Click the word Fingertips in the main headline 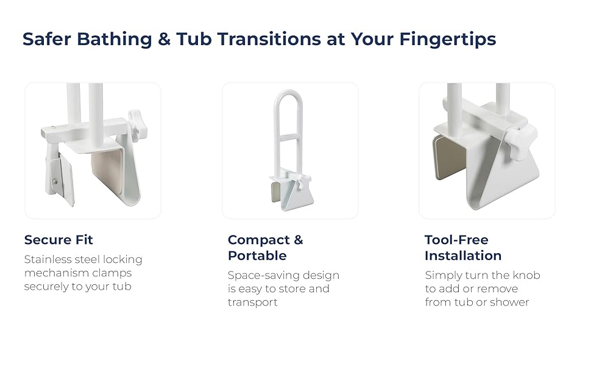(x=447, y=39)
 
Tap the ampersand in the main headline (x=164, y=39)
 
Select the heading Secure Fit (x=58, y=240)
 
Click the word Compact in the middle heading (x=259, y=240)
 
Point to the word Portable (x=257, y=256)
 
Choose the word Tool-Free (x=456, y=240)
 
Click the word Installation (x=463, y=256)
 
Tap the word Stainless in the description (x=48, y=259)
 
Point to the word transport (x=252, y=303)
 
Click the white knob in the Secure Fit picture (x=136, y=124)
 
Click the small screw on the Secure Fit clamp (x=55, y=182)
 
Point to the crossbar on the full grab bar (x=288, y=137)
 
